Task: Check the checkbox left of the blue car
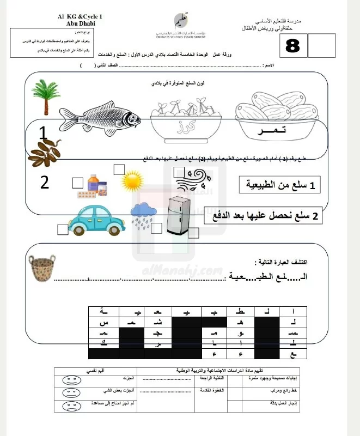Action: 62,229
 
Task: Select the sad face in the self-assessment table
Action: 69,406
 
